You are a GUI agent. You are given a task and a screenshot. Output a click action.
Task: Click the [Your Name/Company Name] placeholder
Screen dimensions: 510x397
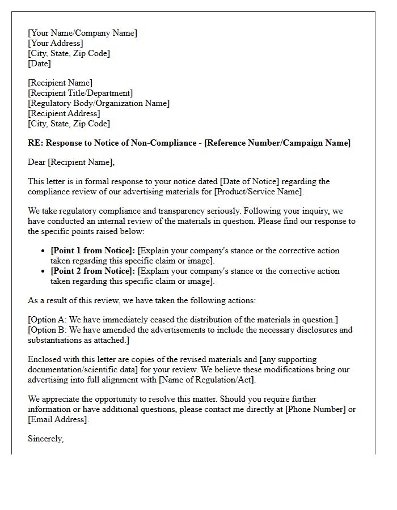[x=82, y=33]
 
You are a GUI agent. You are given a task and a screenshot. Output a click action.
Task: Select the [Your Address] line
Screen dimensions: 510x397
[x=55, y=43]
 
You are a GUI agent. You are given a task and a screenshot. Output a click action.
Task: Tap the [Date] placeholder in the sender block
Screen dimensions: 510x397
[x=39, y=63]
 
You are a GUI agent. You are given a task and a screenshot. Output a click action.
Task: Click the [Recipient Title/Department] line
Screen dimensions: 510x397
[x=80, y=93]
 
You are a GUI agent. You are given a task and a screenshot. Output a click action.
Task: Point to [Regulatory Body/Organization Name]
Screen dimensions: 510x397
[x=99, y=103]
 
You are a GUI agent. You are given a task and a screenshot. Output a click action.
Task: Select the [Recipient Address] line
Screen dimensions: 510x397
[x=64, y=113]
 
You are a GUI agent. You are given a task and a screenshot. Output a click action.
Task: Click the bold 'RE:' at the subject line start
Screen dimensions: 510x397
[x=35, y=143]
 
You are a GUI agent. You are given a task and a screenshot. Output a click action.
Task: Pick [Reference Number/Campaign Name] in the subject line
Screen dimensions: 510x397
[x=277, y=143]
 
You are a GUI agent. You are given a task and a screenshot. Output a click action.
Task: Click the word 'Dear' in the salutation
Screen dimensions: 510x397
[x=37, y=162]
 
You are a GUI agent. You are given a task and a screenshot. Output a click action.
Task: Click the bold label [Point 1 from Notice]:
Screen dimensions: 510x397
[x=93, y=250]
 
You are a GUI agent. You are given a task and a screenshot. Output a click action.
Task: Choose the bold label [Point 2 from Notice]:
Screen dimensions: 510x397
[x=93, y=271]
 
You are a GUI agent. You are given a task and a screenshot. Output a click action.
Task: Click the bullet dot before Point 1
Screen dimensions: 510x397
[x=44, y=250]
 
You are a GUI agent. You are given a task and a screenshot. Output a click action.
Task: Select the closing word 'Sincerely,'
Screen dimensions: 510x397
[x=45, y=439]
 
